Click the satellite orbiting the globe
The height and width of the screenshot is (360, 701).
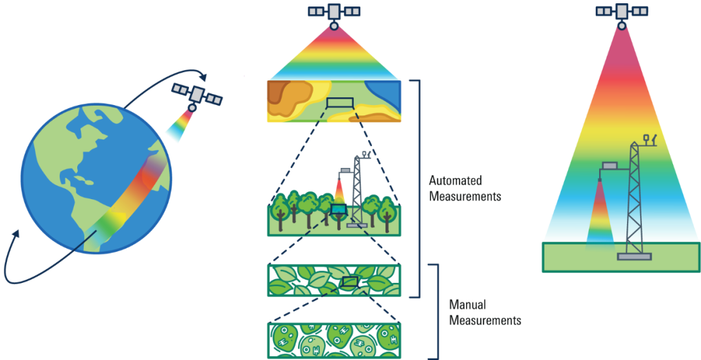coord(197,94)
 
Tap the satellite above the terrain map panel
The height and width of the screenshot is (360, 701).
coord(334,13)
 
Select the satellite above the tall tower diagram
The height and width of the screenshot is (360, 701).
coord(622,12)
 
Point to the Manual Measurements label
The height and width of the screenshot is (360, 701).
coord(485,313)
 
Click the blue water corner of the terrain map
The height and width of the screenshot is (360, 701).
coord(384,94)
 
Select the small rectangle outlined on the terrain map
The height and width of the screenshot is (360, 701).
coord(340,103)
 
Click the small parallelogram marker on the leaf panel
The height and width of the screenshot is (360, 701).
coord(350,282)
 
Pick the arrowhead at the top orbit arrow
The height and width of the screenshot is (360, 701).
coord(203,77)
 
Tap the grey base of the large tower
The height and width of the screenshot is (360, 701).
coord(634,256)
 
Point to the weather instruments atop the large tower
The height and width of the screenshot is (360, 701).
coord(650,139)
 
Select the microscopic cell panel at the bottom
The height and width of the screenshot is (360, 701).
coord(334,341)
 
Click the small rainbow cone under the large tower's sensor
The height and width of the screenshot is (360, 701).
coord(600,215)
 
